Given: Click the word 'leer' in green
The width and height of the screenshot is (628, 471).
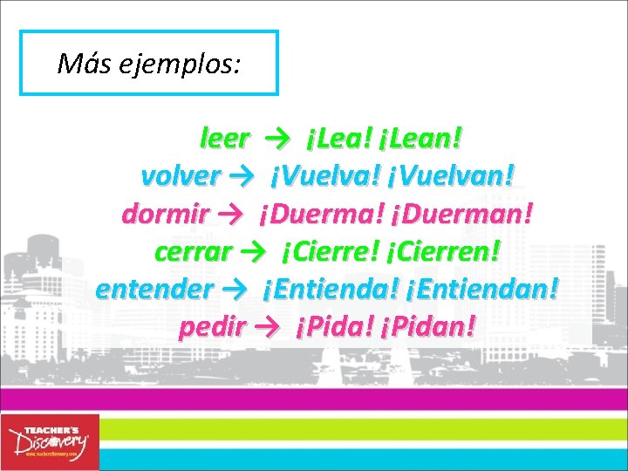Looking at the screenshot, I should pyautogui.click(x=225, y=137).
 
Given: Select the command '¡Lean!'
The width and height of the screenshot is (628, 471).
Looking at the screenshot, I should pyautogui.click(x=422, y=137).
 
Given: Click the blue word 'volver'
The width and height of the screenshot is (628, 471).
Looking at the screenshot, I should pyautogui.click(x=180, y=175).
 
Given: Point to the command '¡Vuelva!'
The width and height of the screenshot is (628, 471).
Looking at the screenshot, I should pyautogui.click(x=325, y=175).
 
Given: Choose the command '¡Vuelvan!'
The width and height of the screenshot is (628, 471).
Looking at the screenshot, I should pyautogui.click(x=459, y=175).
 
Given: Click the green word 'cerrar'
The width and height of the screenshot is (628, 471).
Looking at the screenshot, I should pyautogui.click(x=192, y=251).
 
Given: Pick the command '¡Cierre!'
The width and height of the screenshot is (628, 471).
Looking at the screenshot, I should pyautogui.click(x=330, y=251).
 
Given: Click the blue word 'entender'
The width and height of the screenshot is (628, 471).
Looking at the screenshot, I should pyautogui.click(x=154, y=289).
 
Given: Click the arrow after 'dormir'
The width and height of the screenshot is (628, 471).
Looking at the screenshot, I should pyautogui.click(x=232, y=214).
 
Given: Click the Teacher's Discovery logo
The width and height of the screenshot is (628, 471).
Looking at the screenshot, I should pyautogui.click(x=50, y=442).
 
